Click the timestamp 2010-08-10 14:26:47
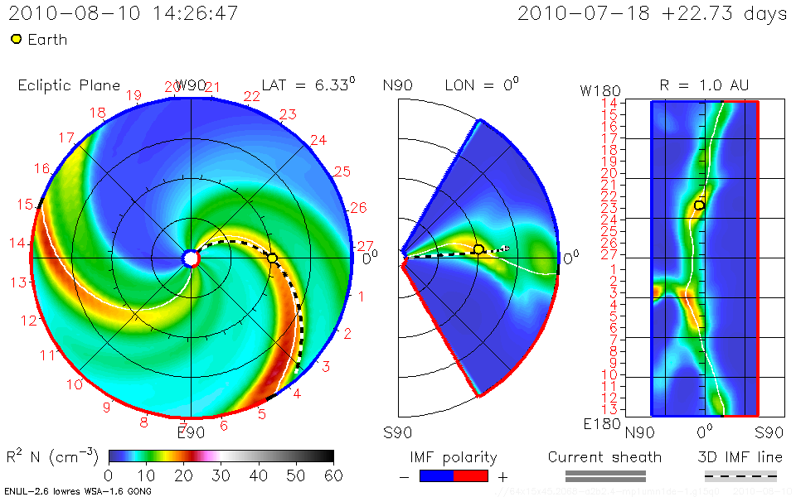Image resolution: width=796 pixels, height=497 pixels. (x=124, y=14)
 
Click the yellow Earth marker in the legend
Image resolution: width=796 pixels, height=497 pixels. (x=16, y=39)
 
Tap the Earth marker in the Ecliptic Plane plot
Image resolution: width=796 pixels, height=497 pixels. (x=272, y=258)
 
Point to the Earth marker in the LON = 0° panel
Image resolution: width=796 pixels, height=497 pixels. (x=478, y=249)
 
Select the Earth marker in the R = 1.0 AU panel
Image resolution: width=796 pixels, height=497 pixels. (x=699, y=205)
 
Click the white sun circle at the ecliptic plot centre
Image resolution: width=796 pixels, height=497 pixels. (x=192, y=258)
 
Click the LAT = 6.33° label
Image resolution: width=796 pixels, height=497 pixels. (x=308, y=85)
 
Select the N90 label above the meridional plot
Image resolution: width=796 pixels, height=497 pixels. (x=397, y=85)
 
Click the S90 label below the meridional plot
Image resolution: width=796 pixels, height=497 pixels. (x=397, y=432)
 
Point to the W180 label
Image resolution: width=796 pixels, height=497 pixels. (x=598, y=89)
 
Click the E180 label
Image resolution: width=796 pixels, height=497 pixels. (x=598, y=424)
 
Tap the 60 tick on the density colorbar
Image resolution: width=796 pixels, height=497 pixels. (x=333, y=475)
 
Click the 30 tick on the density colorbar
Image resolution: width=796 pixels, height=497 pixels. (x=221, y=475)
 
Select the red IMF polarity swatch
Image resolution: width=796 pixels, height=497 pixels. (x=470, y=475)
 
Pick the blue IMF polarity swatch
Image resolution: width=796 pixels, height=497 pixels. (x=437, y=475)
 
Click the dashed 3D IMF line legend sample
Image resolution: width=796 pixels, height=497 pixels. (x=740, y=475)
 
